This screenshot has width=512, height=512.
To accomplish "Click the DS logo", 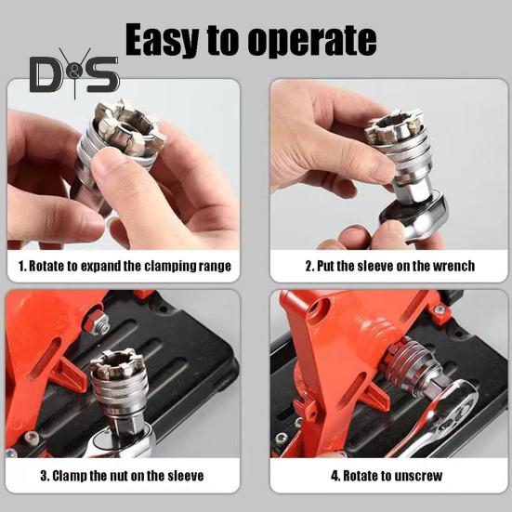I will click(74, 73).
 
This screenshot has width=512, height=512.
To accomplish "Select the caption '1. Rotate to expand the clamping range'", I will click(125, 266).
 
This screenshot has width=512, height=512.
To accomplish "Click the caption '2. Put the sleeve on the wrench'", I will click(389, 266).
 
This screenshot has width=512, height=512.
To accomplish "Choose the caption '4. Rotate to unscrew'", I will click(388, 477).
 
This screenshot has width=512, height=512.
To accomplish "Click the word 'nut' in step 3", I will click(116, 477).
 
